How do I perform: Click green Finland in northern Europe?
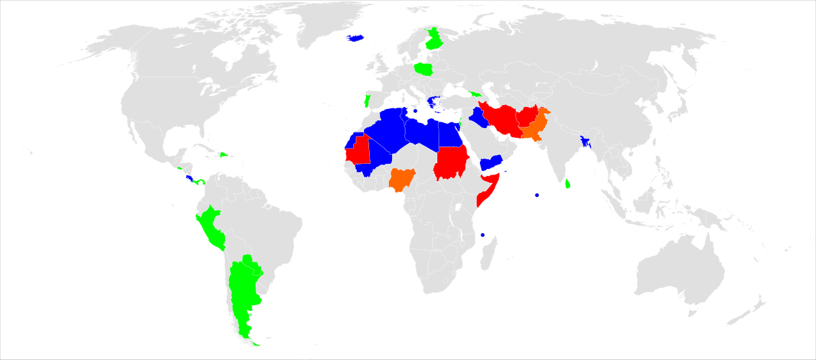(x=435, y=40)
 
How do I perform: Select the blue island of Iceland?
(x=355, y=38)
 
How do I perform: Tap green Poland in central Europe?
(x=423, y=68)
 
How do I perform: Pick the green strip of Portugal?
(x=367, y=101)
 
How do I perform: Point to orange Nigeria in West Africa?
(x=402, y=179)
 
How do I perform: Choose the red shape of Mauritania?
(x=357, y=151)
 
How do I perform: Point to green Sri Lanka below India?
(x=567, y=184)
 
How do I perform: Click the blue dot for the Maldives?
(x=537, y=195)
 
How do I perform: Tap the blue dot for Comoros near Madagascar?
(x=483, y=235)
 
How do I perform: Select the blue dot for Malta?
(x=415, y=111)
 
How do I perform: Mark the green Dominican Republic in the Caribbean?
(x=224, y=155)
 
